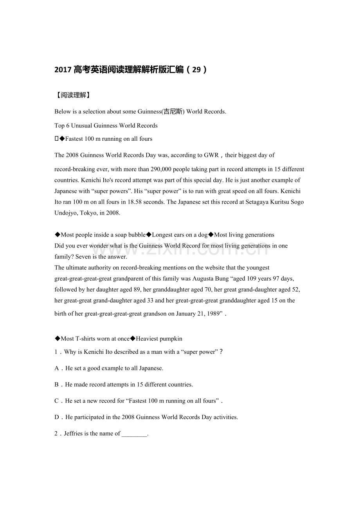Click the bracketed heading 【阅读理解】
(x=72, y=95)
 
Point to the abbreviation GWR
(x=211, y=155)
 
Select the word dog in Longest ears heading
(x=203, y=235)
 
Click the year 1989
(x=215, y=314)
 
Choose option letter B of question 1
(x=57, y=384)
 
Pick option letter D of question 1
(x=57, y=417)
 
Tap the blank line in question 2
(x=134, y=434)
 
